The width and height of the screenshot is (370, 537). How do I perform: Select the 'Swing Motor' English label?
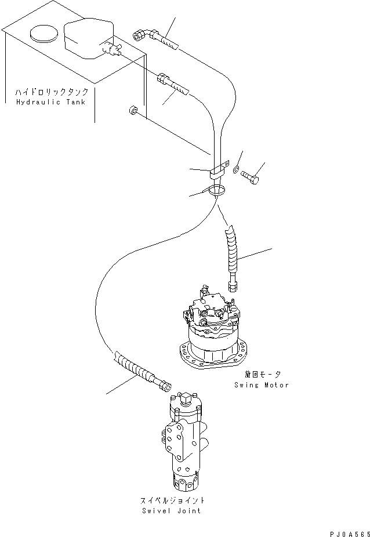(x=262, y=385)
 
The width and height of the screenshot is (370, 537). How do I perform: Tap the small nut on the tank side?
(x=133, y=110)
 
